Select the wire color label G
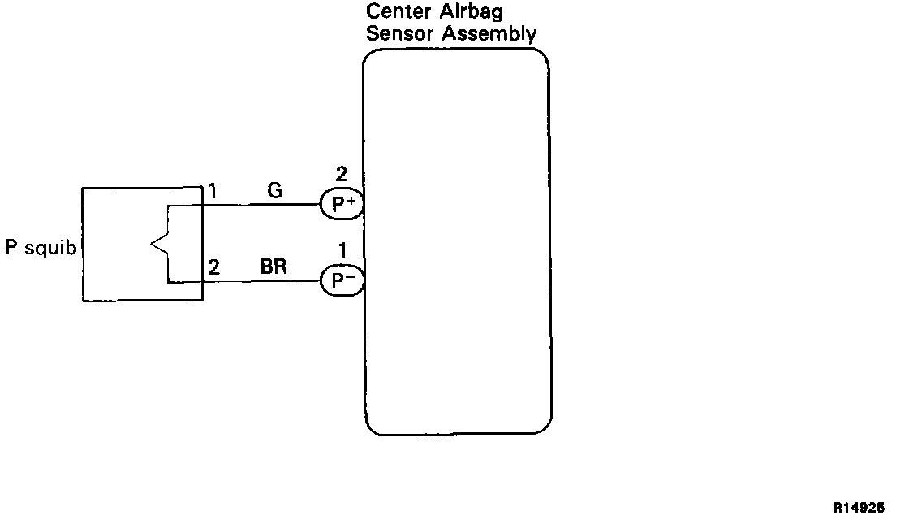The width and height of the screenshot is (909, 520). [274, 191]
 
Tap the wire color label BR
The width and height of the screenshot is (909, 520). [274, 267]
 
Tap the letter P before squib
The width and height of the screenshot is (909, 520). [11, 247]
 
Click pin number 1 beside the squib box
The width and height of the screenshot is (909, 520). [213, 192]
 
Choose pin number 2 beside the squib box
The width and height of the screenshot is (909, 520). [213, 268]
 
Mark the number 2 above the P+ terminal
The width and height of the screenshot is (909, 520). [341, 173]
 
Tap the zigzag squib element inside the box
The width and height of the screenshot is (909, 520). [158, 244]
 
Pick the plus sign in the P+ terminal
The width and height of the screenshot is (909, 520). [349, 200]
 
